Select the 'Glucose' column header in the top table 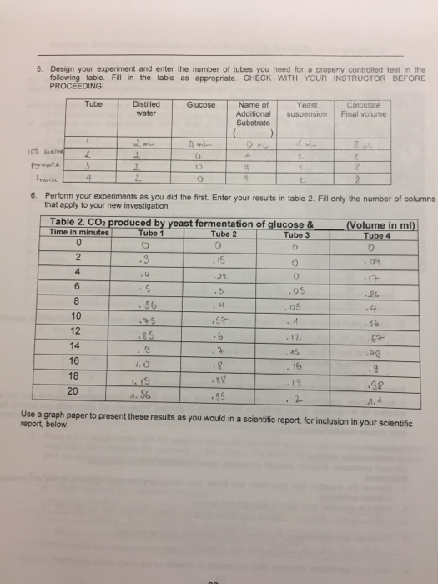tap(201, 105)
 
